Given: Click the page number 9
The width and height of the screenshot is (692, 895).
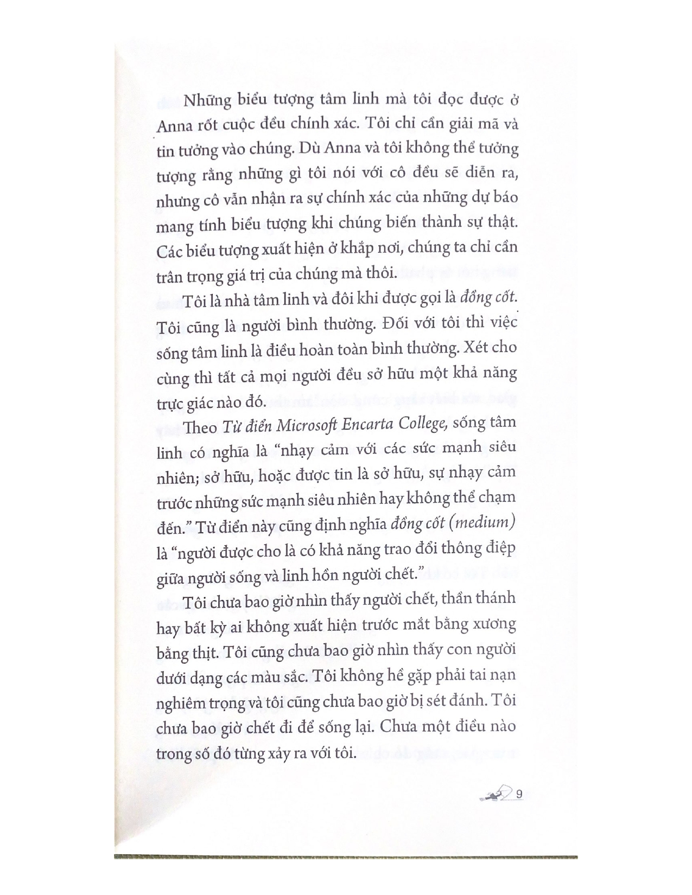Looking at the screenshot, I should [x=519, y=794].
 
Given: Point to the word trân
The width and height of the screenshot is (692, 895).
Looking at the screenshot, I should [x=169, y=277].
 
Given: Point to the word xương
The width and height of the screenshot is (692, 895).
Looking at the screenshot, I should [x=494, y=625].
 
